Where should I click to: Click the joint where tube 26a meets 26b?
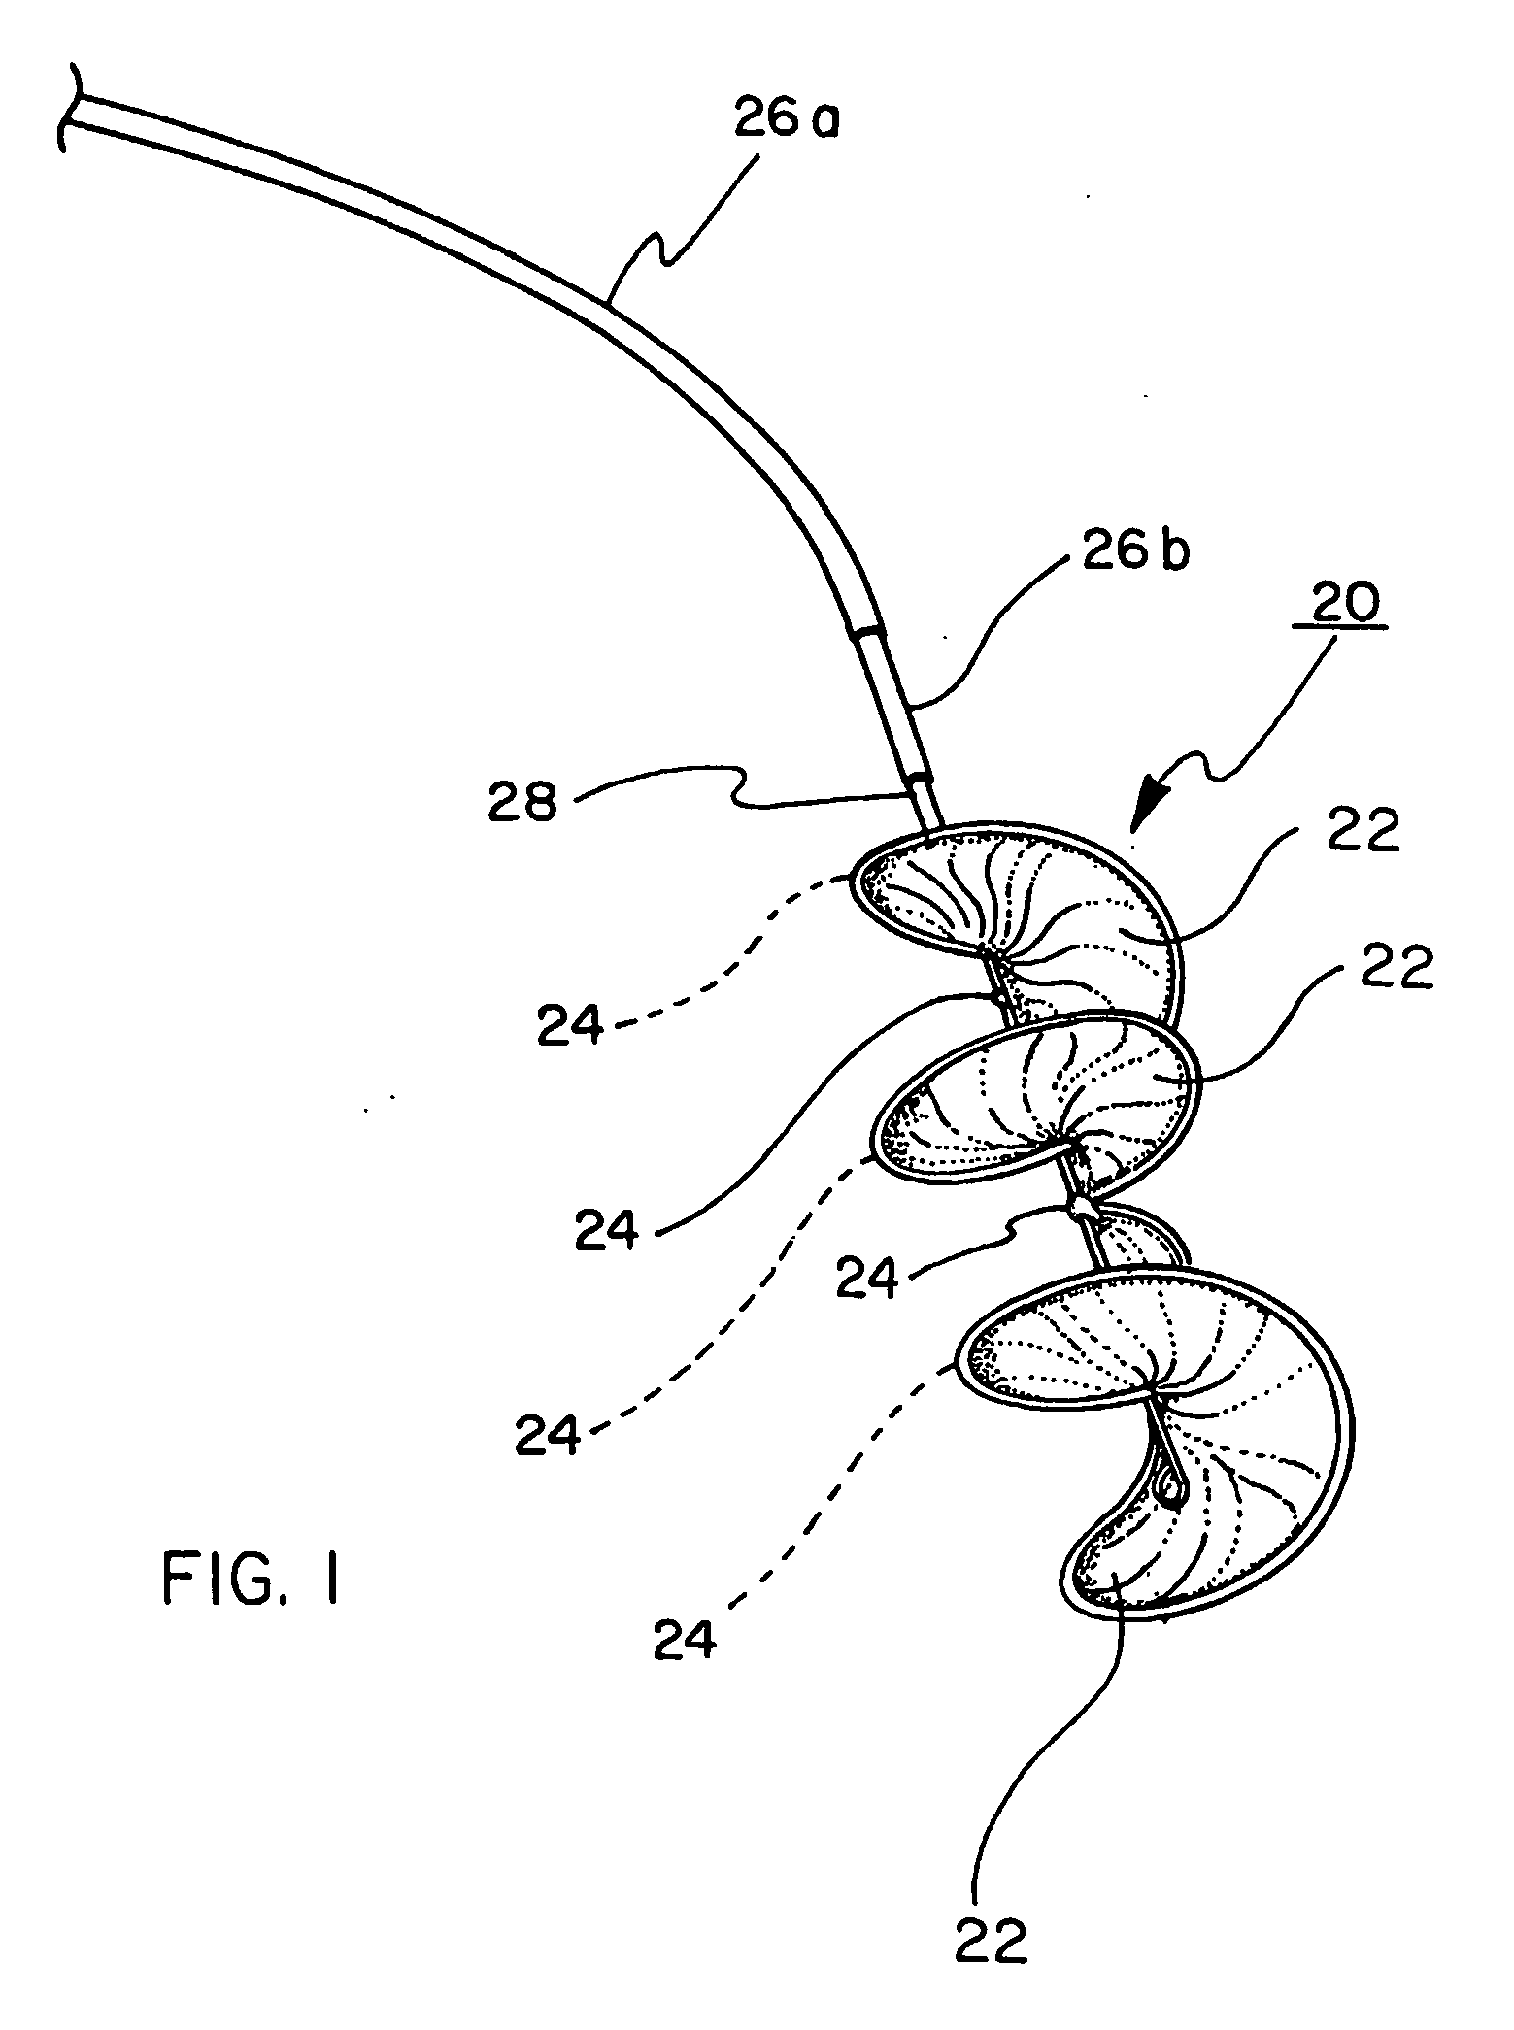pyautogui.click(x=868, y=634)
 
